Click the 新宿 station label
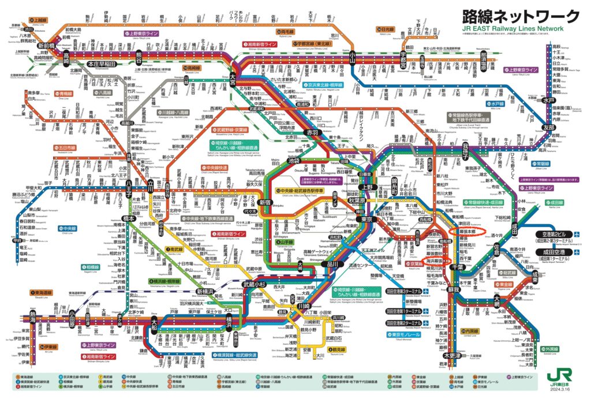tap(265, 202)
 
